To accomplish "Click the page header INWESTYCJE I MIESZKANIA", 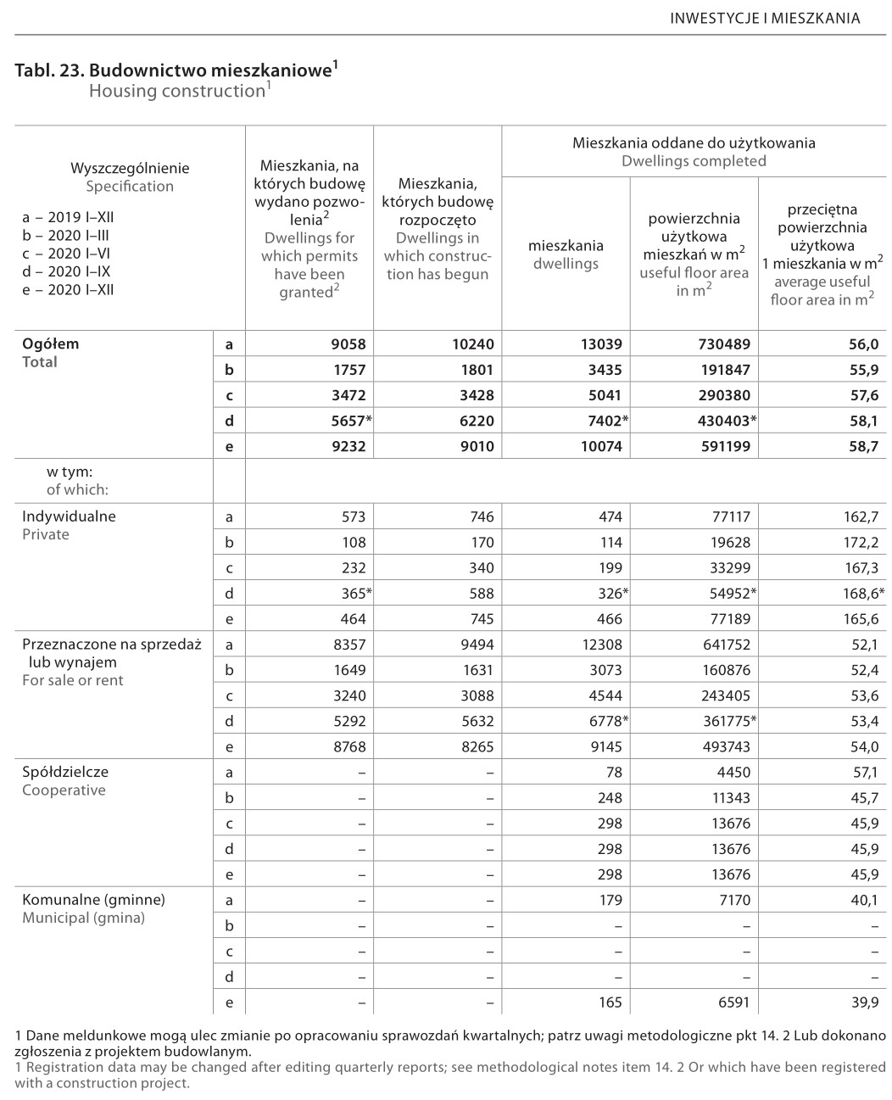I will tap(765, 18).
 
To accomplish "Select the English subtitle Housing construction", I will tap(177, 91).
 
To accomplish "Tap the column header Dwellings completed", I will tap(694, 161).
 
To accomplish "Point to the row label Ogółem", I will tap(50, 344).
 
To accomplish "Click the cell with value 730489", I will tap(722, 344).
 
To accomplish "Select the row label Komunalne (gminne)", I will tap(93, 900).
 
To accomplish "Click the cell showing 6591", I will tap(734, 1002).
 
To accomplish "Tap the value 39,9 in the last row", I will tap(863, 1002).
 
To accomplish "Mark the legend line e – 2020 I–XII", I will tap(68, 289).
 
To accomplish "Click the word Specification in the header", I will tap(130, 187).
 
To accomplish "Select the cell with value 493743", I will tap(722, 747).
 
